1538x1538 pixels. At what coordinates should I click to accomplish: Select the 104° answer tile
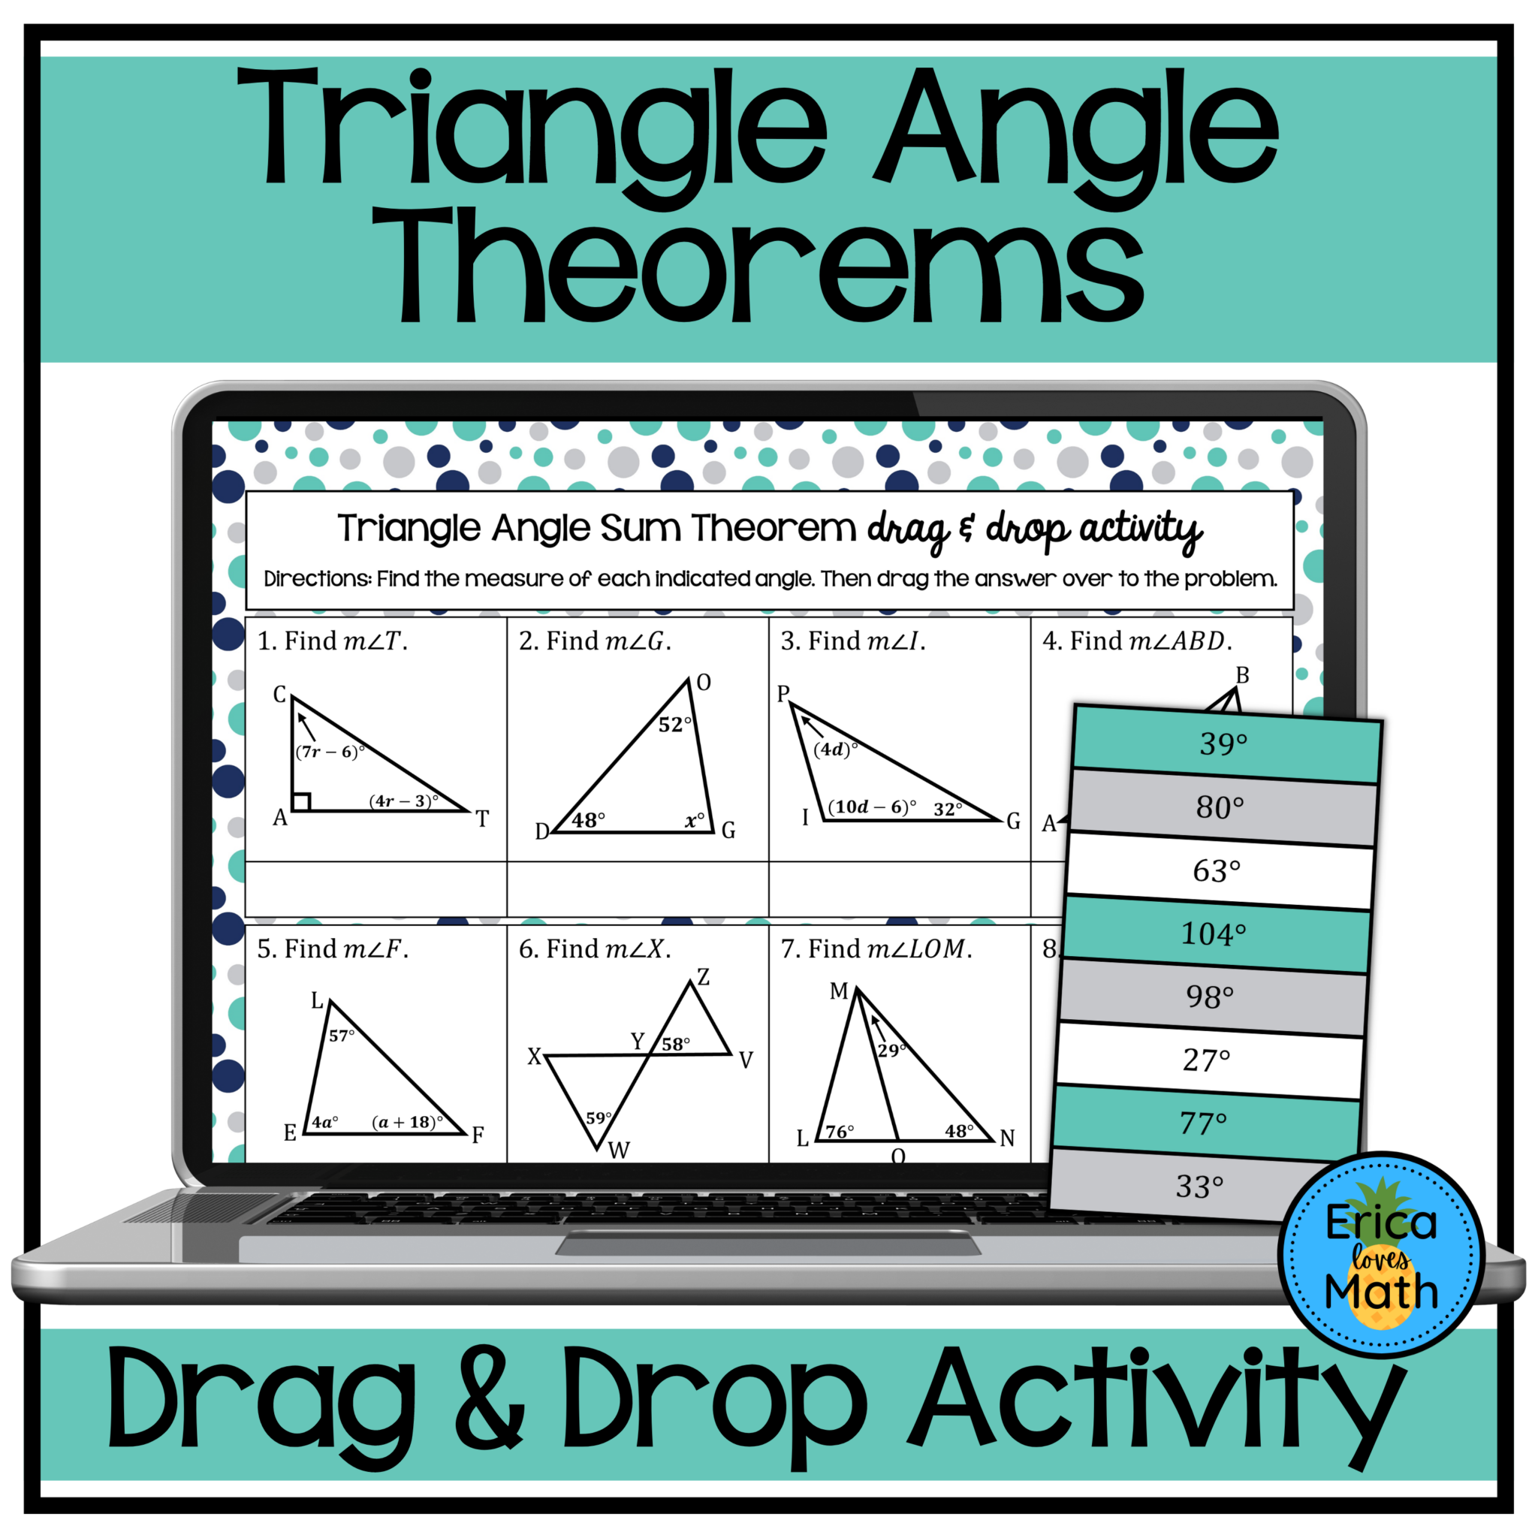(1214, 934)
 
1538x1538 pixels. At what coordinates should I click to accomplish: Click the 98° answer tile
(1211, 997)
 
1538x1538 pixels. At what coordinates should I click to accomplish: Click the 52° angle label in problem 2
(675, 725)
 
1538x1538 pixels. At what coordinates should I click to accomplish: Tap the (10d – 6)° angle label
(872, 807)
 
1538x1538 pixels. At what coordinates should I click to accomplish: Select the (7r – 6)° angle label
(330, 752)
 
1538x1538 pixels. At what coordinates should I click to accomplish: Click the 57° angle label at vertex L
(342, 1036)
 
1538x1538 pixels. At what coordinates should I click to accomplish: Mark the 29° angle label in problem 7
(891, 1051)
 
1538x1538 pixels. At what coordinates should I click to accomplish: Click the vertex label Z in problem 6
(703, 979)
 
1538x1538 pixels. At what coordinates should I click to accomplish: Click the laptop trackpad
(768, 1244)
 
